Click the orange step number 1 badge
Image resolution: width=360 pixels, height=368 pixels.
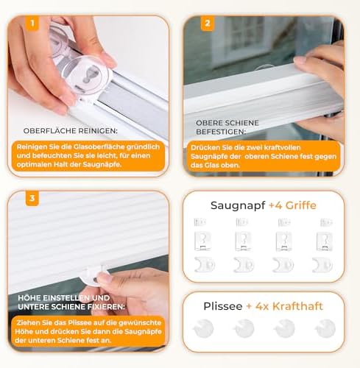point(32,24)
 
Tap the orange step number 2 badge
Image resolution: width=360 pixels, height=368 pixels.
point(208,24)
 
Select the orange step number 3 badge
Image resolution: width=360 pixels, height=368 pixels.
point(32,198)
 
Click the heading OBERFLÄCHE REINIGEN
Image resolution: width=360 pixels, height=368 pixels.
point(71,131)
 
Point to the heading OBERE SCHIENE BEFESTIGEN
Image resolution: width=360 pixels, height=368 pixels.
point(227,127)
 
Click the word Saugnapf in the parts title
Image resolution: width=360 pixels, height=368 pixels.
point(238,205)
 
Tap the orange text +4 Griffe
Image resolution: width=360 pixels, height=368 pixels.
point(292,205)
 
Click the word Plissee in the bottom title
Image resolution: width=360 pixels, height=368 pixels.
point(223,306)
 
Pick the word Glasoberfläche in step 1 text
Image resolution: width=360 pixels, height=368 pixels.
point(99,146)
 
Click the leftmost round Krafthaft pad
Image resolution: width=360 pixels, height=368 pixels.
point(204,328)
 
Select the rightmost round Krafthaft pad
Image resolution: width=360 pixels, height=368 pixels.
point(325,328)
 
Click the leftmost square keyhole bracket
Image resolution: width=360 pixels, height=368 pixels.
point(202,241)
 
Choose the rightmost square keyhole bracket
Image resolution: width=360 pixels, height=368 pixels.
point(325,241)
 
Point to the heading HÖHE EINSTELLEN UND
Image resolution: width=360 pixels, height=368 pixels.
point(64,298)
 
